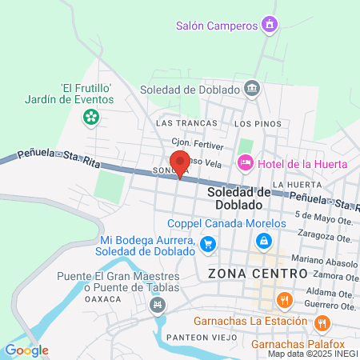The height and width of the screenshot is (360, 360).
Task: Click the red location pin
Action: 180,162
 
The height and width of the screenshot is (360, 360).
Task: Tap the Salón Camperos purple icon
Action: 270,25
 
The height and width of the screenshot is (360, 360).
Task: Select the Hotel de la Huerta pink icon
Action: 246,163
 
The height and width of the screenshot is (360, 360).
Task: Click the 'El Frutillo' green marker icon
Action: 91,118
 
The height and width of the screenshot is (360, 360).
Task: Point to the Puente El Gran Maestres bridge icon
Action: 158,304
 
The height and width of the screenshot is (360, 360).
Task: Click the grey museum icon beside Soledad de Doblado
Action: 252,88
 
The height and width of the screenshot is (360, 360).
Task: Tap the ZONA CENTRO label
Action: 257,274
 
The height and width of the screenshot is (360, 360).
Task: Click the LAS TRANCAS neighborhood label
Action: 182,123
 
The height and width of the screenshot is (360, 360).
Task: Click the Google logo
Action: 26,350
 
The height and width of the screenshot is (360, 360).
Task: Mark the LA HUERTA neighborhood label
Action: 290,185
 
